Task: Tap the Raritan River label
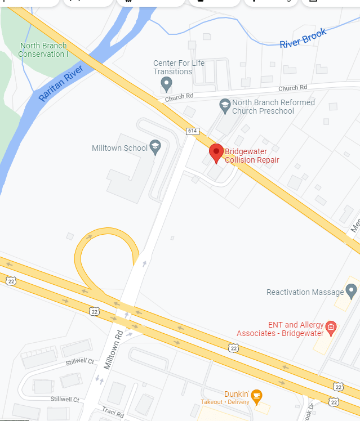[x=61, y=83]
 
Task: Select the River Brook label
[x=303, y=39]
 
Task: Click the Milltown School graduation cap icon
[x=155, y=147]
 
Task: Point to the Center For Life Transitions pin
[x=166, y=84]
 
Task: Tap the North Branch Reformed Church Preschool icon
[x=224, y=105]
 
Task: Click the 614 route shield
[x=193, y=131]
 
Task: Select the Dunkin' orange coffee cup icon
[x=256, y=395]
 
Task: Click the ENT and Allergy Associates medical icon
[x=331, y=327]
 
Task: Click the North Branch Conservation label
[x=43, y=50]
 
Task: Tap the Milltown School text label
[x=119, y=148]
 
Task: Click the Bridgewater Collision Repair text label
[x=252, y=155]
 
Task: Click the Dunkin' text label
[x=237, y=394]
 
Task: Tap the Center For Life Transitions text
[x=179, y=68]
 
